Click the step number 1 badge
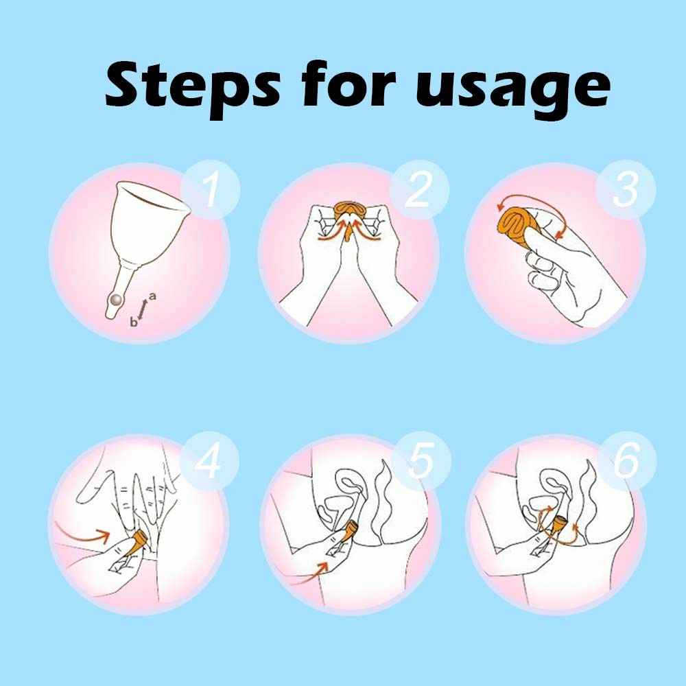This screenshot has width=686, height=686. pos(211,189)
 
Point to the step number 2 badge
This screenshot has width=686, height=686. pos(419,189)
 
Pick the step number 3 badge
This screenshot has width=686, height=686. pos(626,189)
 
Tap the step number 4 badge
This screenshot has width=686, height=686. pos(209,462)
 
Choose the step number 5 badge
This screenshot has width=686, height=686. pos(421,462)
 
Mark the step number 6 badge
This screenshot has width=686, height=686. pos(627,462)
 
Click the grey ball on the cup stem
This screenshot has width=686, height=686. pos(117,300)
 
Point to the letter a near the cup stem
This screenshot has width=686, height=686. pos(152,296)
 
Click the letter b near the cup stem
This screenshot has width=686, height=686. pos(134,322)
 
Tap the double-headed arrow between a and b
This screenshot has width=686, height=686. pos(143,309)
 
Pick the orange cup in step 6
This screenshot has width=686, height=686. pos(558,527)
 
